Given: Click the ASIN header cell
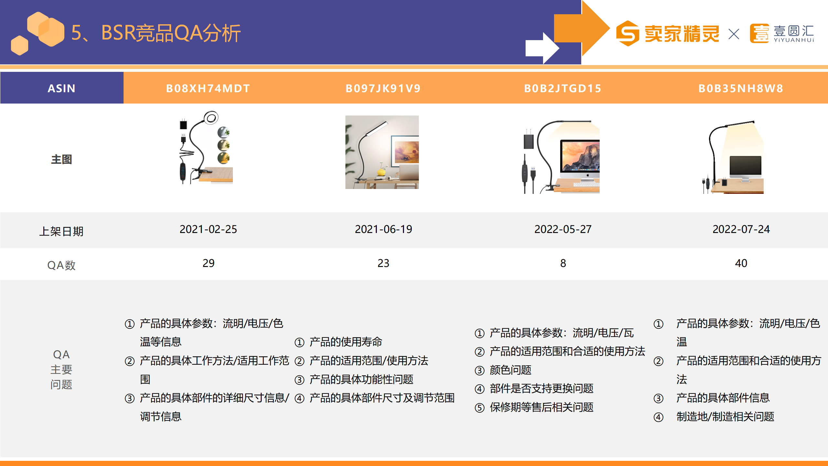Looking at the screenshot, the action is click(61, 88).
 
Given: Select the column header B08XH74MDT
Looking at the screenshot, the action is click(208, 88).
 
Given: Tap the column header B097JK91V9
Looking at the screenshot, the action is click(383, 88).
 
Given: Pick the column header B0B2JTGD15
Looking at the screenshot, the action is click(563, 88).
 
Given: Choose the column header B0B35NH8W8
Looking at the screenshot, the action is click(741, 88).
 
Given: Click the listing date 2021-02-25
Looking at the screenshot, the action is click(208, 229).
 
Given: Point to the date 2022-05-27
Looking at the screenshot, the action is click(563, 229).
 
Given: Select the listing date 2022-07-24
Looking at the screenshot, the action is click(741, 229).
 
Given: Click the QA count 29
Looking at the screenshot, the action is click(209, 263).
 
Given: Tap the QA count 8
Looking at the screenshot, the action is click(563, 263).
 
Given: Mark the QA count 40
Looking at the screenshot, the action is click(741, 263).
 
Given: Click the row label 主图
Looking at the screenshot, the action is click(61, 159).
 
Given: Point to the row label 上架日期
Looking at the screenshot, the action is click(61, 231).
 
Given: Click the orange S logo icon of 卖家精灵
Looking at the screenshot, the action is click(628, 33).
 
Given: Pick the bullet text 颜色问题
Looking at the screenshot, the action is click(510, 370).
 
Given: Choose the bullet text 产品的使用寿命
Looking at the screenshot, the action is click(346, 342).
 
